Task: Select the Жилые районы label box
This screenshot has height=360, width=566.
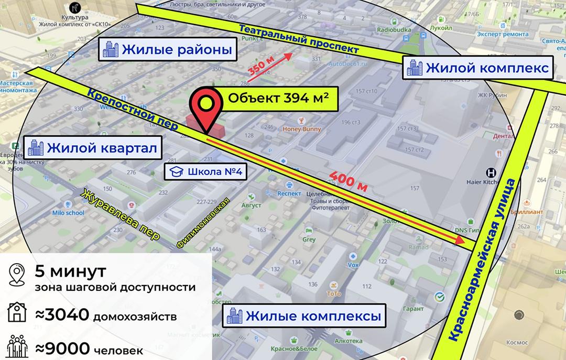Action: click(168, 50)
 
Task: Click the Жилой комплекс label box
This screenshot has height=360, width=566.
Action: click(478, 68)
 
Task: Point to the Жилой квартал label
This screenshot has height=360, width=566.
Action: click(93, 148)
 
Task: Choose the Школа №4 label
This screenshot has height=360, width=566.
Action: click(205, 171)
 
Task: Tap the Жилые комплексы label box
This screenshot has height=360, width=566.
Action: click(303, 317)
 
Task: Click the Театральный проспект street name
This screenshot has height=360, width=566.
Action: click(299, 39)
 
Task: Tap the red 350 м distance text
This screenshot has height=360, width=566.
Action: click(260, 70)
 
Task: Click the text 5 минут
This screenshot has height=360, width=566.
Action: click(70, 272)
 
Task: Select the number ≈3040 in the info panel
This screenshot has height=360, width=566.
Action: click(62, 315)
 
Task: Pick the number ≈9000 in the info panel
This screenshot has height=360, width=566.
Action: click(62, 347)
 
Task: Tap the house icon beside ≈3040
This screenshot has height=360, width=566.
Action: click(17, 314)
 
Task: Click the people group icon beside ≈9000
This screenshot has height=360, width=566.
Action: click(17, 346)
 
